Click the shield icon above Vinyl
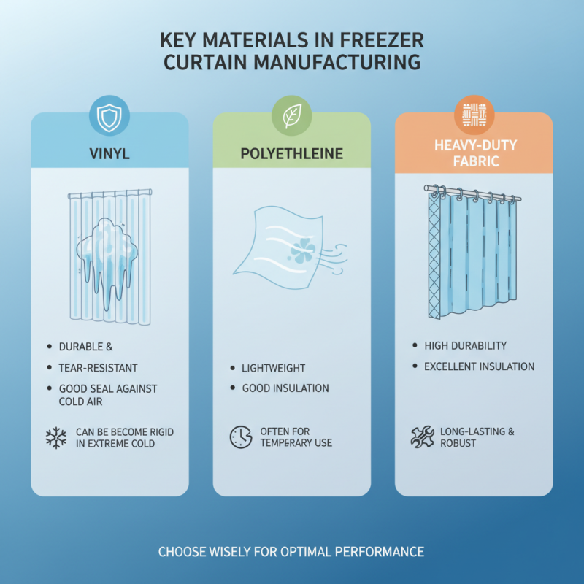point(109,118)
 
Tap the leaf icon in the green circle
point(292,117)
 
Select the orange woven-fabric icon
point(474,116)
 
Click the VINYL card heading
point(109,154)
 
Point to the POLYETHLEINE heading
point(292,154)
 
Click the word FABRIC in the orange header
point(474,161)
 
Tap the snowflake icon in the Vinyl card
point(55,437)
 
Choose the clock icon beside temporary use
point(240,437)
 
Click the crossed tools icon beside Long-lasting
point(422,437)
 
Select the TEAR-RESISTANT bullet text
point(98,368)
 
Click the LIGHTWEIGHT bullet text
point(274,368)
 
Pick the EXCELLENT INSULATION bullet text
point(479,366)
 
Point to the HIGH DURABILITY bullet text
point(465,345)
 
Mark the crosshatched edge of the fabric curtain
point(435,255)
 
